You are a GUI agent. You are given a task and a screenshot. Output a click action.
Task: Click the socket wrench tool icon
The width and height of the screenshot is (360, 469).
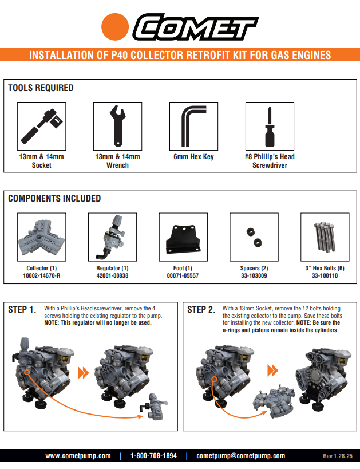tap(42, 126)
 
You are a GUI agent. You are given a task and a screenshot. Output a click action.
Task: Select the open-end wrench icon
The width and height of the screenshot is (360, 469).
tap(117, 126)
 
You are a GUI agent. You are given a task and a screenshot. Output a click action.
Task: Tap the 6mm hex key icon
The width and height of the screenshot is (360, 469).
tap(193, 126)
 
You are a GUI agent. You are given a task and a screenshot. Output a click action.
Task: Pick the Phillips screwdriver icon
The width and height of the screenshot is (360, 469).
tap(270, 126)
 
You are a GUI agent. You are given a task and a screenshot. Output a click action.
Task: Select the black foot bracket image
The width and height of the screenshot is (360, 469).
tap(183, 239)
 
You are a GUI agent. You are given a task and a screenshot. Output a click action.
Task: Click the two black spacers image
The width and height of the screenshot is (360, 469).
tap(254, 236)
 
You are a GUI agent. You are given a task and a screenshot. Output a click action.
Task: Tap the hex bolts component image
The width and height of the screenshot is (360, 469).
tap(324, 236)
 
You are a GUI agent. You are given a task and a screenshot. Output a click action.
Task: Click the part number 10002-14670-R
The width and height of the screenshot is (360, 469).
tap(42, 275)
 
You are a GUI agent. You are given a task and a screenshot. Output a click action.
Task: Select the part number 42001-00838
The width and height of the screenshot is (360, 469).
tap(113, 275)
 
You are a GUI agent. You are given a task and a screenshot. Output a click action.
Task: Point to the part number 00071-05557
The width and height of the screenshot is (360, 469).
tap(183, 275)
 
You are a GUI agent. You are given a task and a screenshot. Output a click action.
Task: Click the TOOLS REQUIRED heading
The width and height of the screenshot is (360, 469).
tap(41, 88)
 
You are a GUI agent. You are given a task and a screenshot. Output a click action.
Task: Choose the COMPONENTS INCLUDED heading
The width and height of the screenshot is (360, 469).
tap(54, 199)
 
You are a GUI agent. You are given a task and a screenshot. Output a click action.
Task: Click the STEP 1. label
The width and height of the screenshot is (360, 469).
tap(22, 310)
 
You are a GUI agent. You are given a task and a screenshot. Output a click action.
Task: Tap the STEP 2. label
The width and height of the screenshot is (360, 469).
tap(201, 310)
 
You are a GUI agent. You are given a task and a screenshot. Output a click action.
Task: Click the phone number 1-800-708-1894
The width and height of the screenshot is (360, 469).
tap(153, 456)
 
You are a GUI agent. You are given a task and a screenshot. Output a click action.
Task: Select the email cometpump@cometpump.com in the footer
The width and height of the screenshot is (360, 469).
tap(240, 456)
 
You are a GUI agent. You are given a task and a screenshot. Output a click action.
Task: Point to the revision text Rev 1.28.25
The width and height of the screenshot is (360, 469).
tap(338, 456)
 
